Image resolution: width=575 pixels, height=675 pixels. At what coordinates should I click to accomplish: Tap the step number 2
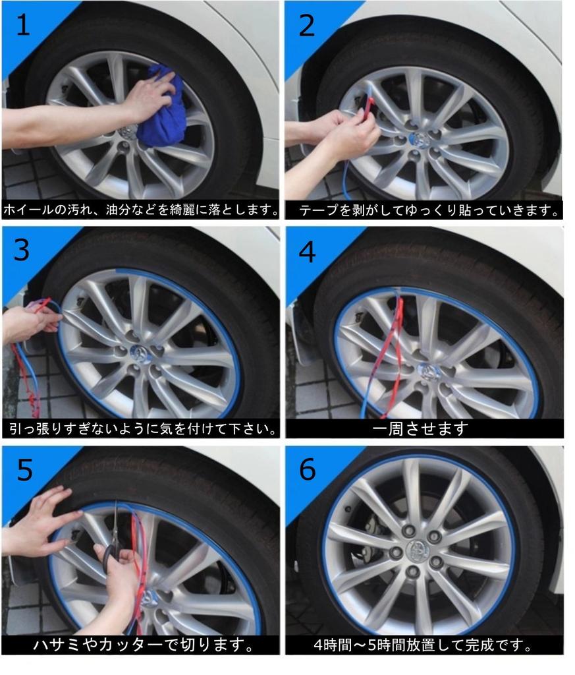tap(307, 26)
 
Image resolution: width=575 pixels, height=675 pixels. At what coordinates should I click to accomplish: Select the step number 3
tap(22, 250)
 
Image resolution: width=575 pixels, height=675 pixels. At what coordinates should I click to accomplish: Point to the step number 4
tap(307, 252)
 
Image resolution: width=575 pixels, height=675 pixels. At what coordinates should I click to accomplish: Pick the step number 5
tap(24, 469)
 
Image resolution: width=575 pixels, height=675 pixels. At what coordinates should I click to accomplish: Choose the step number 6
tap(308, 469)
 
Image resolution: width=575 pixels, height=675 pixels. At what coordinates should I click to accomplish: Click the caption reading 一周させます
tap(420, 428)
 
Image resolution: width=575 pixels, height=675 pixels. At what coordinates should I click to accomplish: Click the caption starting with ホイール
tap(141, 210)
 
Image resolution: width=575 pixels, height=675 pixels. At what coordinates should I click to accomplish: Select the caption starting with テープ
tap(428, 210)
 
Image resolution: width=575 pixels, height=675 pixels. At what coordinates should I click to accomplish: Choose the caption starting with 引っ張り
tap(142, 428)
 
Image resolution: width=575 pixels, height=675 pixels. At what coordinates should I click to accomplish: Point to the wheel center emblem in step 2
tap(417, 138)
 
